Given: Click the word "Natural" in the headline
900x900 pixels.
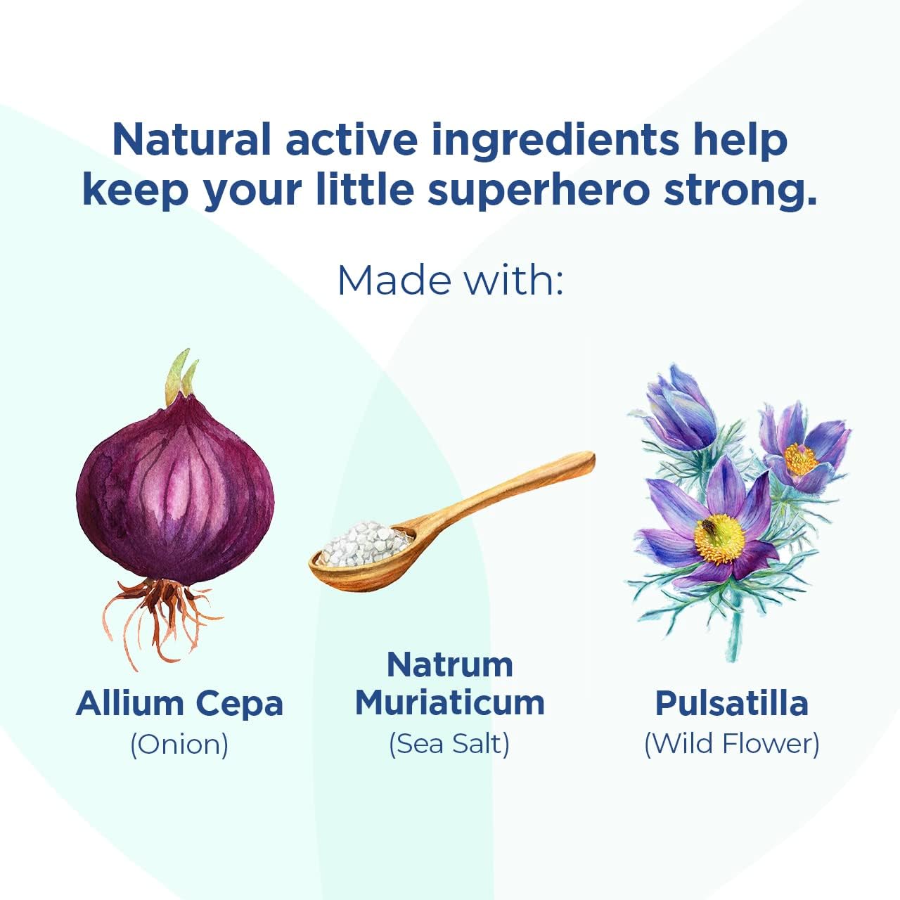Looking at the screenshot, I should [x=191, y=139].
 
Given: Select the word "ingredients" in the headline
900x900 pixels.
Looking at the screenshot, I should [x=555, y=141].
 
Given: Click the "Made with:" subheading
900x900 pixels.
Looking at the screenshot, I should [x=450, y=280].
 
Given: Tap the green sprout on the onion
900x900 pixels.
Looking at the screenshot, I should [x=180, y=376].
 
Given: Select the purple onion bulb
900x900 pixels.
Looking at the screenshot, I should [x=176, y=492].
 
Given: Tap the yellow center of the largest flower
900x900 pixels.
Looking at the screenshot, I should [x=719, y=538].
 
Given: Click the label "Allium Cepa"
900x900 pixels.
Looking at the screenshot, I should [x=180, y=703].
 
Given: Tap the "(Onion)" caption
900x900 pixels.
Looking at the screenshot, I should [x=180, y=744].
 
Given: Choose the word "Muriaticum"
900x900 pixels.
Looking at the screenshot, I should [x=450, y=703].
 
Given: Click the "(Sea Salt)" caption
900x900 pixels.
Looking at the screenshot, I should [x=450, y=744].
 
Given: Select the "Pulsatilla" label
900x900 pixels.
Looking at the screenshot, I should [x=731, y=703].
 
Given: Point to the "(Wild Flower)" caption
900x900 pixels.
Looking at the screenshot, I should [x=731, y=744].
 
